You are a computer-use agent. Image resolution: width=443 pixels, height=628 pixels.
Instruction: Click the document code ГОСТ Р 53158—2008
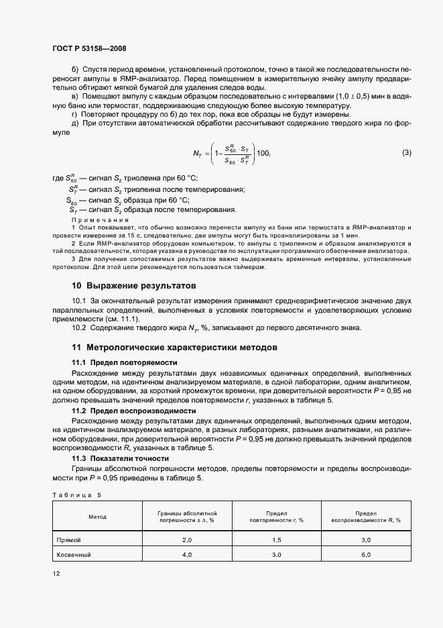pyautogui.click(x=89, y=48)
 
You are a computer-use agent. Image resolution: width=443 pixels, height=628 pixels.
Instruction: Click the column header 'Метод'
pyautogui.click(x=97, y=517)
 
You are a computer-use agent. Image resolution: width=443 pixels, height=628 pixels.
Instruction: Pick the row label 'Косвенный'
pyautogui.click(x=74, y=555)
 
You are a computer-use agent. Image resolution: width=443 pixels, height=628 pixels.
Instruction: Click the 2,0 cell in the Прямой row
pyautogui.click(x=187, y=539)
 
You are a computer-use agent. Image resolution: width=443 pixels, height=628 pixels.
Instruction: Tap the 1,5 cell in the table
pyautogui.click(x=276, y=539)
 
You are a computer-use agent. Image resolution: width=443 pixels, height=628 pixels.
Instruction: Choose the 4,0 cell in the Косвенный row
pyautogui.click(x=187, y=555)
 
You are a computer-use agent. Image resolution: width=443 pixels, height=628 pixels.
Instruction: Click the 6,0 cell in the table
pyautogui.click(x=366, y=555)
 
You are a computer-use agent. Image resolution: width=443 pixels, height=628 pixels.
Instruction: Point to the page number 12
pyautogui.click(x=56, y=574)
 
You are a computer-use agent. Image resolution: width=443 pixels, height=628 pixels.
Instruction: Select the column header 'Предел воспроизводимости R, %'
pyautogui.click(x=366, y=516)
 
